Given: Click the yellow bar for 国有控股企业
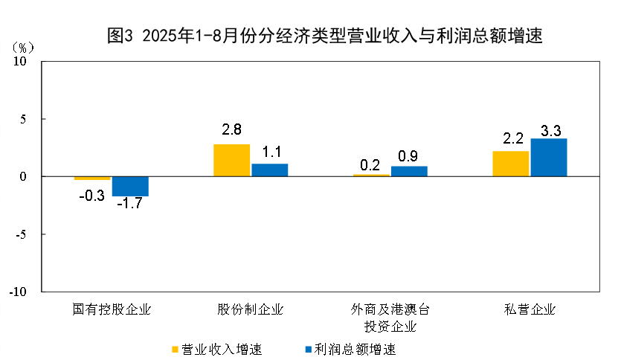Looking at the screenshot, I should (x=92, y=179).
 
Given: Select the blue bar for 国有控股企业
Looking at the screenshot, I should (x=130, y=186).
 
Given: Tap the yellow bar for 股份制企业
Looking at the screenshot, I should (x=231, y=160).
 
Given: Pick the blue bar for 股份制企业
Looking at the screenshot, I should (x=269, y=170).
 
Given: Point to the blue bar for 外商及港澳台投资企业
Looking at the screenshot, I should (x=409, y=171).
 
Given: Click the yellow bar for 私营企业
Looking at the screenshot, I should (x=511, y=164).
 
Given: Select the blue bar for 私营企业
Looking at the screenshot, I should (x=549, y=158).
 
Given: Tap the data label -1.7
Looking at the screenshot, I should (x=130, y=203).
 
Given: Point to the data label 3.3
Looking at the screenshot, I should (x=550, y=130).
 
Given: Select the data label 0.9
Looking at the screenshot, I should (x=408, y=156).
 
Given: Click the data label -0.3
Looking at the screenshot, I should (x=91, y=196).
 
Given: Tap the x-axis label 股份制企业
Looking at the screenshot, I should (x=251, y=309).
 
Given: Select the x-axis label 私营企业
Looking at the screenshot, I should (x=530, y=309).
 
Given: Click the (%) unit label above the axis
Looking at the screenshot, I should (x=22, y=47).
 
